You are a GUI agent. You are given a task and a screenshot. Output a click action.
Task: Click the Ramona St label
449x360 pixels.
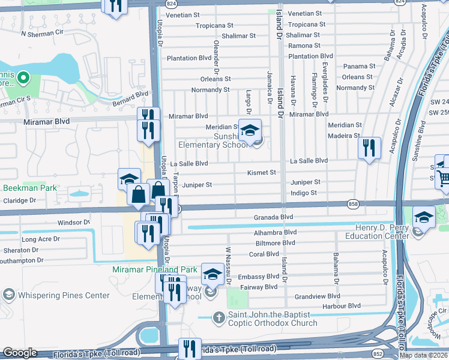pos(304,46)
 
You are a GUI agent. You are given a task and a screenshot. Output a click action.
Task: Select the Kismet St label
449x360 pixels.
pos(262,172)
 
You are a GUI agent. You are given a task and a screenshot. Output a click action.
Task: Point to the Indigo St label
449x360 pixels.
pos(303,193)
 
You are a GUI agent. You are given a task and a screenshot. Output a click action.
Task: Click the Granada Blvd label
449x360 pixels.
pos(273,217)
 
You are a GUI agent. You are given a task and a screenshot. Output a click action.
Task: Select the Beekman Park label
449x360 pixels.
pos(30,188)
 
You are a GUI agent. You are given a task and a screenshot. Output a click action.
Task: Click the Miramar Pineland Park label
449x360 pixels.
pos(155,270)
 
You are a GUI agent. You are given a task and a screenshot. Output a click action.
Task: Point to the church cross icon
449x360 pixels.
pos(220,317)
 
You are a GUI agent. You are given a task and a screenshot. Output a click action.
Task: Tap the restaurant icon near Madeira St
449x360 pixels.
pos(369,147)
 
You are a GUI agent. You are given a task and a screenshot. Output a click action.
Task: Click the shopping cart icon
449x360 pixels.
pos(444,176)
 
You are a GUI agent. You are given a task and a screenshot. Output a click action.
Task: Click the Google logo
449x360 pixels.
pos(20,353)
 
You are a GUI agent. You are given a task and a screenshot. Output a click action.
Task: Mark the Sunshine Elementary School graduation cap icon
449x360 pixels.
pos(250,129)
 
